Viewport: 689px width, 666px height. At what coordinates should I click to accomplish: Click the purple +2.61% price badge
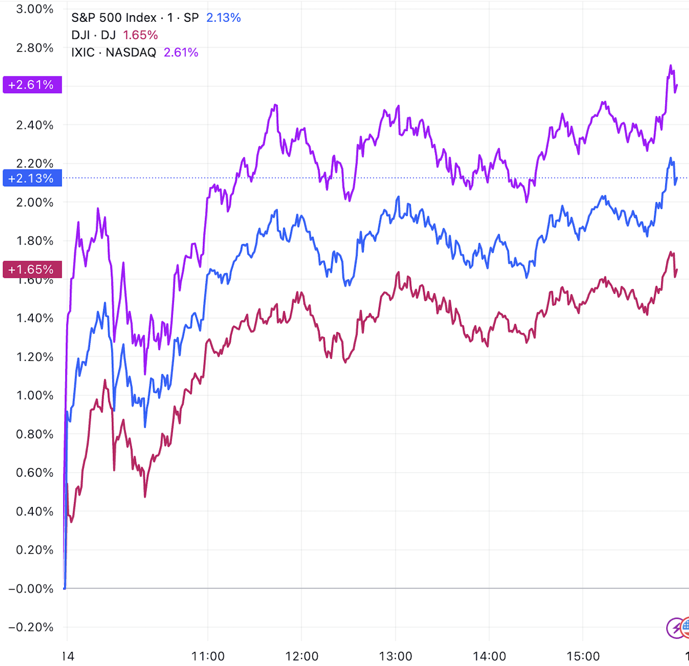coord(32,85)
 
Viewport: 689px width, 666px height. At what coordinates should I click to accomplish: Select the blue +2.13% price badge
coord(32,178)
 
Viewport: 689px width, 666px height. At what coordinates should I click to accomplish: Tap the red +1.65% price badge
coord(32,269)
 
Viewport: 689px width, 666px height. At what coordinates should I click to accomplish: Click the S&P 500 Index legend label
coord(135,18)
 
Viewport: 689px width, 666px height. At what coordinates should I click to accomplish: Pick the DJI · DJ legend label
coord(94,35)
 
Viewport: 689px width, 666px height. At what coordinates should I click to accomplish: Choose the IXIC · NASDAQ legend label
coord(114,52)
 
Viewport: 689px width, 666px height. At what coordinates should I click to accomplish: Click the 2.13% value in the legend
coord(223,18)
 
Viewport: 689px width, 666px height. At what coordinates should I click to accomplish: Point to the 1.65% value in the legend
coord(140,35)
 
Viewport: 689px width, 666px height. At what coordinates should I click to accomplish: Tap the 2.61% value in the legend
coord(181,52)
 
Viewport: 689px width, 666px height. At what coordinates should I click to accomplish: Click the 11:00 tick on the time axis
coord(208,656)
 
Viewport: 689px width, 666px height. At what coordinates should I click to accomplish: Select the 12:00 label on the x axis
coord(302,656)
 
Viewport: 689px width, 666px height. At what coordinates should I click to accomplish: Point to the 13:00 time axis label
coord(396,656)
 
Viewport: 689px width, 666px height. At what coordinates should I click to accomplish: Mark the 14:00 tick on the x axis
coord(489,656)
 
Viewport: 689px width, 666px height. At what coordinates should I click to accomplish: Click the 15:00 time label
coord(583,656)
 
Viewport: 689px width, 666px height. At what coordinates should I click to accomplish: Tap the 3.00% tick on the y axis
coord(34,9)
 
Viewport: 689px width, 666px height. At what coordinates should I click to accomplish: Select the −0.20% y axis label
coord(31,627)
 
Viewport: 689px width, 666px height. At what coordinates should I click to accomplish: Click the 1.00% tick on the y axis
coord(34,395)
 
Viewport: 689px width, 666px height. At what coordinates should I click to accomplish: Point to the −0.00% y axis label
coord(31,589)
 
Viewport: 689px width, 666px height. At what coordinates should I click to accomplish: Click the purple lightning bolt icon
coord(675,628)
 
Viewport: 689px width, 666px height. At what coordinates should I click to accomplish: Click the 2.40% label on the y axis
coord(34,125)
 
